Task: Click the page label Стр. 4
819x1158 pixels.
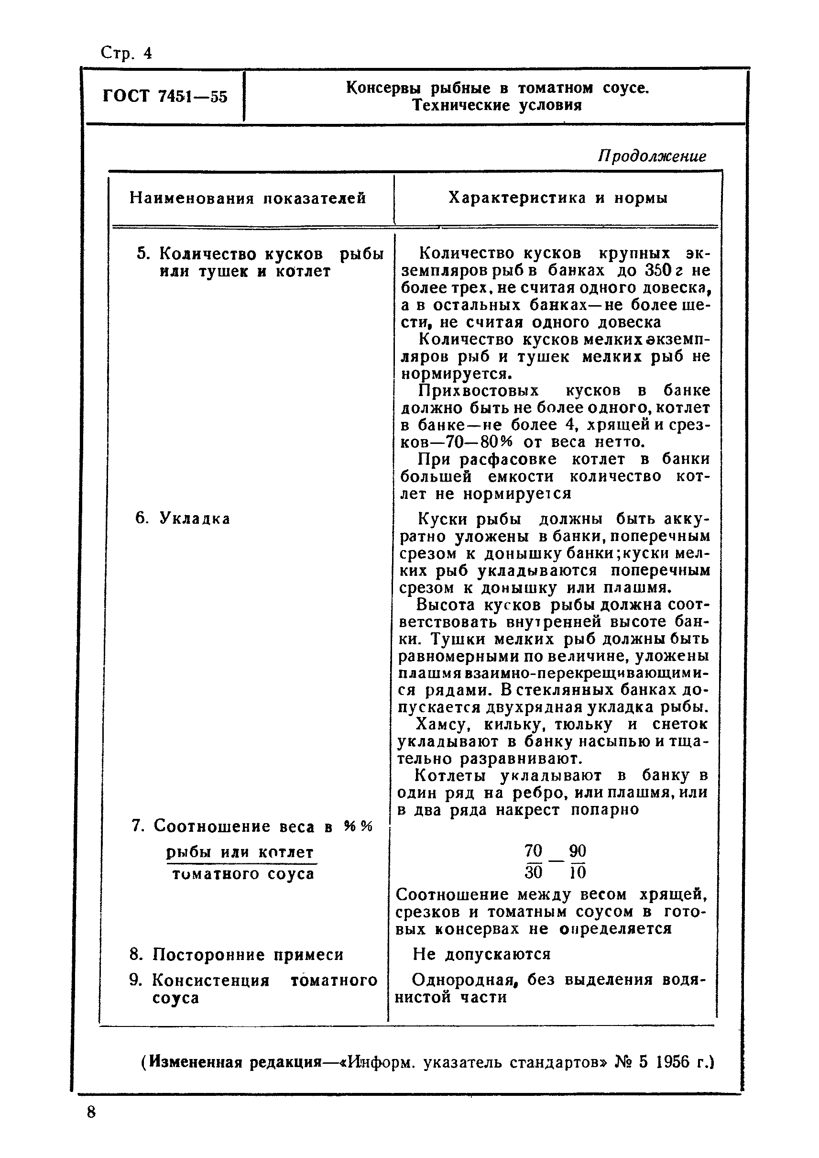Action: (126, 53)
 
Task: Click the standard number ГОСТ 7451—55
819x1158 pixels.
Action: (165, 96)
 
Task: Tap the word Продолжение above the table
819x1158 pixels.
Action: (652, 156)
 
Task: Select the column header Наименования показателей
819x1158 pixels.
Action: (248, 198)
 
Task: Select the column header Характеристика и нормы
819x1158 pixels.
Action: (558, 198)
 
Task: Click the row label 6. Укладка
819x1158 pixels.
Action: (183, 518)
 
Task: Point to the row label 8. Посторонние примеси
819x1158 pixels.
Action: (237, 955)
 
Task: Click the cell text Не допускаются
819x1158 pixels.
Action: (481, 954)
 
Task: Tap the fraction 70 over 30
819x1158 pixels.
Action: (534, 861)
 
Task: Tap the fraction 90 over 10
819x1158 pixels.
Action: (578, 861)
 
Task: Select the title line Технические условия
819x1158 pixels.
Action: (497, 105)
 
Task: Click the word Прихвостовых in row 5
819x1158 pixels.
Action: (479, 390)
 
